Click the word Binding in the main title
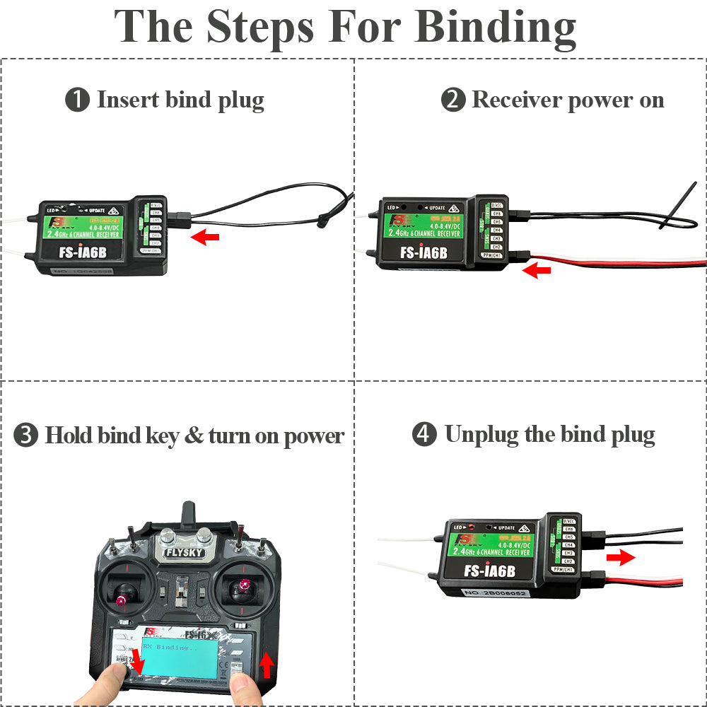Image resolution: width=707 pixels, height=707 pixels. [495, 28]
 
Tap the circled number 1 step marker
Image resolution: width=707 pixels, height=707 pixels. [77, 100]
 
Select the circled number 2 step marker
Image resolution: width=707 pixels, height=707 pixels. [453, 100]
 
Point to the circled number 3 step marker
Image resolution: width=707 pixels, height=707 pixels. [26, 435]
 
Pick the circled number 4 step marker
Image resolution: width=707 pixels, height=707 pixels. [424, 434]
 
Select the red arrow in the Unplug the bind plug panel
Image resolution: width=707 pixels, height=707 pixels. [621, 559]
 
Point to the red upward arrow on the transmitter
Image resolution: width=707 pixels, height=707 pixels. [266, 665]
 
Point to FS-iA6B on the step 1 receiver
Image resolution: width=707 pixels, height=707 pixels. [71, 253]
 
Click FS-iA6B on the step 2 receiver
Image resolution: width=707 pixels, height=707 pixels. [423, 252]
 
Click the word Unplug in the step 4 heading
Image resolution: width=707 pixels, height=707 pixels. [481, 434]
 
